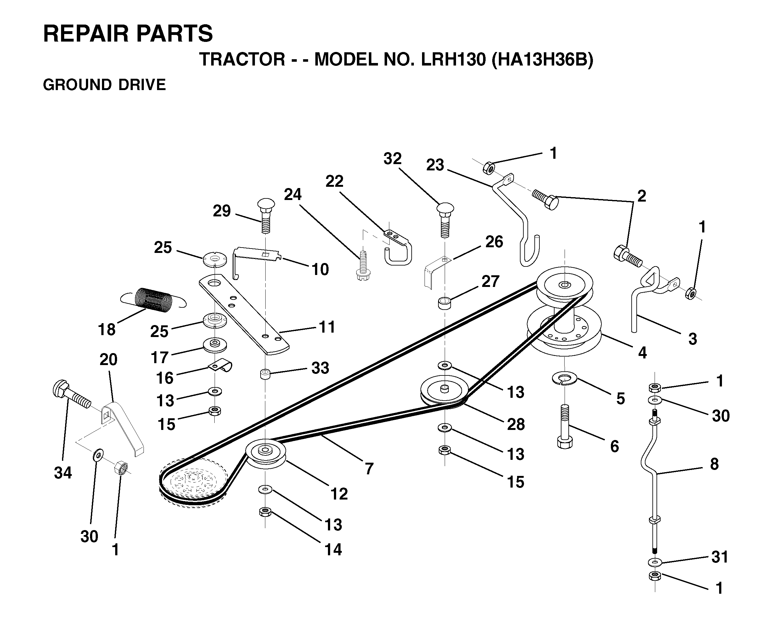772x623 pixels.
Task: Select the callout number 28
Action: (516, 424)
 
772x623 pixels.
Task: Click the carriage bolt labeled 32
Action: (445, 220)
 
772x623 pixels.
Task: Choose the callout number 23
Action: (435, 165)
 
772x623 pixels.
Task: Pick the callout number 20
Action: (108, 359)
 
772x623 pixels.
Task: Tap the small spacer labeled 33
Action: (265, 374)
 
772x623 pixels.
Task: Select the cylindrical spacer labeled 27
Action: (445, 303)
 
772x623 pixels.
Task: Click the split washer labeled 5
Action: (564, 378)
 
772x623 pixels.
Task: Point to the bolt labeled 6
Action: (565, 426)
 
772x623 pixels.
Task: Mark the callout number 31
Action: (719, 557)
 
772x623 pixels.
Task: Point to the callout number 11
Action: (327, 327)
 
